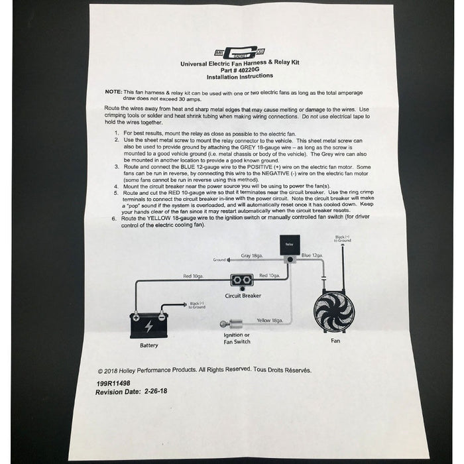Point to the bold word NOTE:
[113, 92]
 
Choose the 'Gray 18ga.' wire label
[255, 255]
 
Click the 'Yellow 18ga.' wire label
[269, 319]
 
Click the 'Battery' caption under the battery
[149, 346]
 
